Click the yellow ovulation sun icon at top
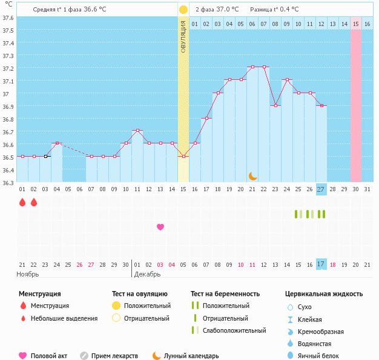pos(183,10)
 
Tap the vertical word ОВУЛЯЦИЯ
pos(183,37)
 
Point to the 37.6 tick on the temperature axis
pos(8,18)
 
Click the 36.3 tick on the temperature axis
pos(8,183)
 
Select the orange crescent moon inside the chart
pos(252,176)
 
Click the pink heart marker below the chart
pos(160,227)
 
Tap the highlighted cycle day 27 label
pos(321,189)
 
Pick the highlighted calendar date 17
pos(321,264)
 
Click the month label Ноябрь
pos(28,275)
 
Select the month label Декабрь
pos(148,275)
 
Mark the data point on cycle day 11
pos(137,131)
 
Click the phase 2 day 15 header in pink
pos(356,24)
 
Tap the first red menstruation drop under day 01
pos(22,202)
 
